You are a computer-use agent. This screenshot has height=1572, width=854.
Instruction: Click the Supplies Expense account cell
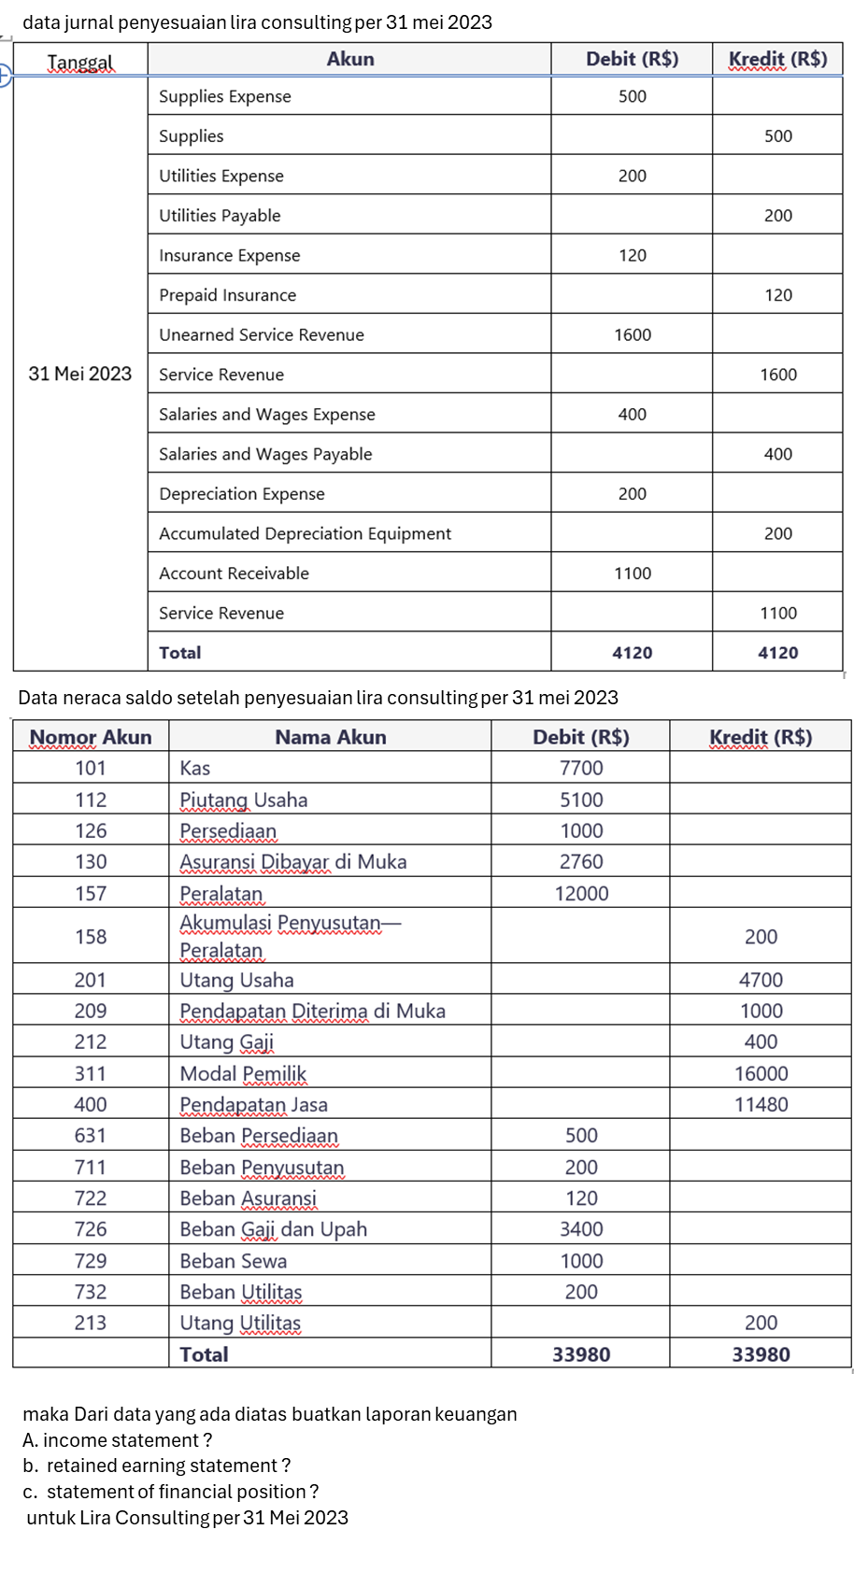click(225, 96)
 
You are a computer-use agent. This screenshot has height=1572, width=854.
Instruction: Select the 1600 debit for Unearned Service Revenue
click(632, 334)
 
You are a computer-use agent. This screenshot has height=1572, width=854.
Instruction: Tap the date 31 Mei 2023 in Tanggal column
click(80, 374)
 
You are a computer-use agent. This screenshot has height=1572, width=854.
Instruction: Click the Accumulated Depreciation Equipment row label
click(305, 533)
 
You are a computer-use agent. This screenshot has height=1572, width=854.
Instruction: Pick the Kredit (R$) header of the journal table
click(777, 59)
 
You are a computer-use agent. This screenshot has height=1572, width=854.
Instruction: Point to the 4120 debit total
click(632, 653)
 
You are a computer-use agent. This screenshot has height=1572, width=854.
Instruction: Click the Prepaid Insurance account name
click(227, 295)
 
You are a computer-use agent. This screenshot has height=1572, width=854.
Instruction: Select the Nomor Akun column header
click(91, 737)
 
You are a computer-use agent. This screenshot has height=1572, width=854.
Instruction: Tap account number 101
click(91, 768)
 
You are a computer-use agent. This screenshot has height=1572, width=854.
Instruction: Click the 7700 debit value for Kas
click(581, 768)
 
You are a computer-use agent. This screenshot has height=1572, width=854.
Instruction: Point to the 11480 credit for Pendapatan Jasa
click(761, 1104)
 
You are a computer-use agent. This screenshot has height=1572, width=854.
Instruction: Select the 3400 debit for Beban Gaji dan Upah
click(581, 1229)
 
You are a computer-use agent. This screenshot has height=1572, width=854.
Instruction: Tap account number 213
click(91, 1323)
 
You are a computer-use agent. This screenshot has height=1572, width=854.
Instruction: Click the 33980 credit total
click(761, 1354)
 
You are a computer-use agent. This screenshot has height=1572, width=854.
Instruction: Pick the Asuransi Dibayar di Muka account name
click(293, 861)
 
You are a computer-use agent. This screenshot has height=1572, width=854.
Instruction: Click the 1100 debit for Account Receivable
click(632, 574)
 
